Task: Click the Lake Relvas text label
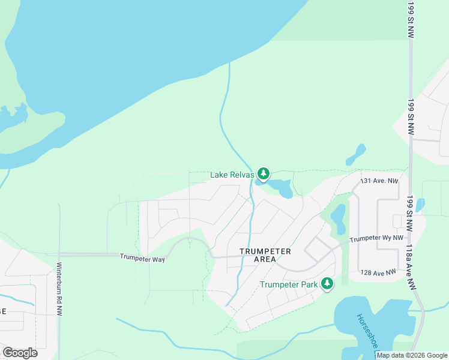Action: click(x=232, y=175)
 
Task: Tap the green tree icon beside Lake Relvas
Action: click(x=263, y=173)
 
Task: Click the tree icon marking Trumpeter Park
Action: click(x=327, y=283)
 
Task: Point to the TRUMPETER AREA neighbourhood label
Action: click(x=265, y=255)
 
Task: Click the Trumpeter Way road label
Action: click(x=142, y=259)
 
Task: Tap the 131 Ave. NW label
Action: click(x=379, y=181)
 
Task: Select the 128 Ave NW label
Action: click(x=378, y=272)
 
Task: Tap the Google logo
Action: click(x=20, y=352)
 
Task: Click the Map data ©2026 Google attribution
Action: click(x=411, y=355)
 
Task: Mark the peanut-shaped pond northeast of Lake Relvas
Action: click(x=356, y=155)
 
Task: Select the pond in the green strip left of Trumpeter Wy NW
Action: click(x=338, y=219)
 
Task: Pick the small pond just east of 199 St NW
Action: click(x=420, y=205)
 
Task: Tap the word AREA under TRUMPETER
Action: click(x=265, y=259)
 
